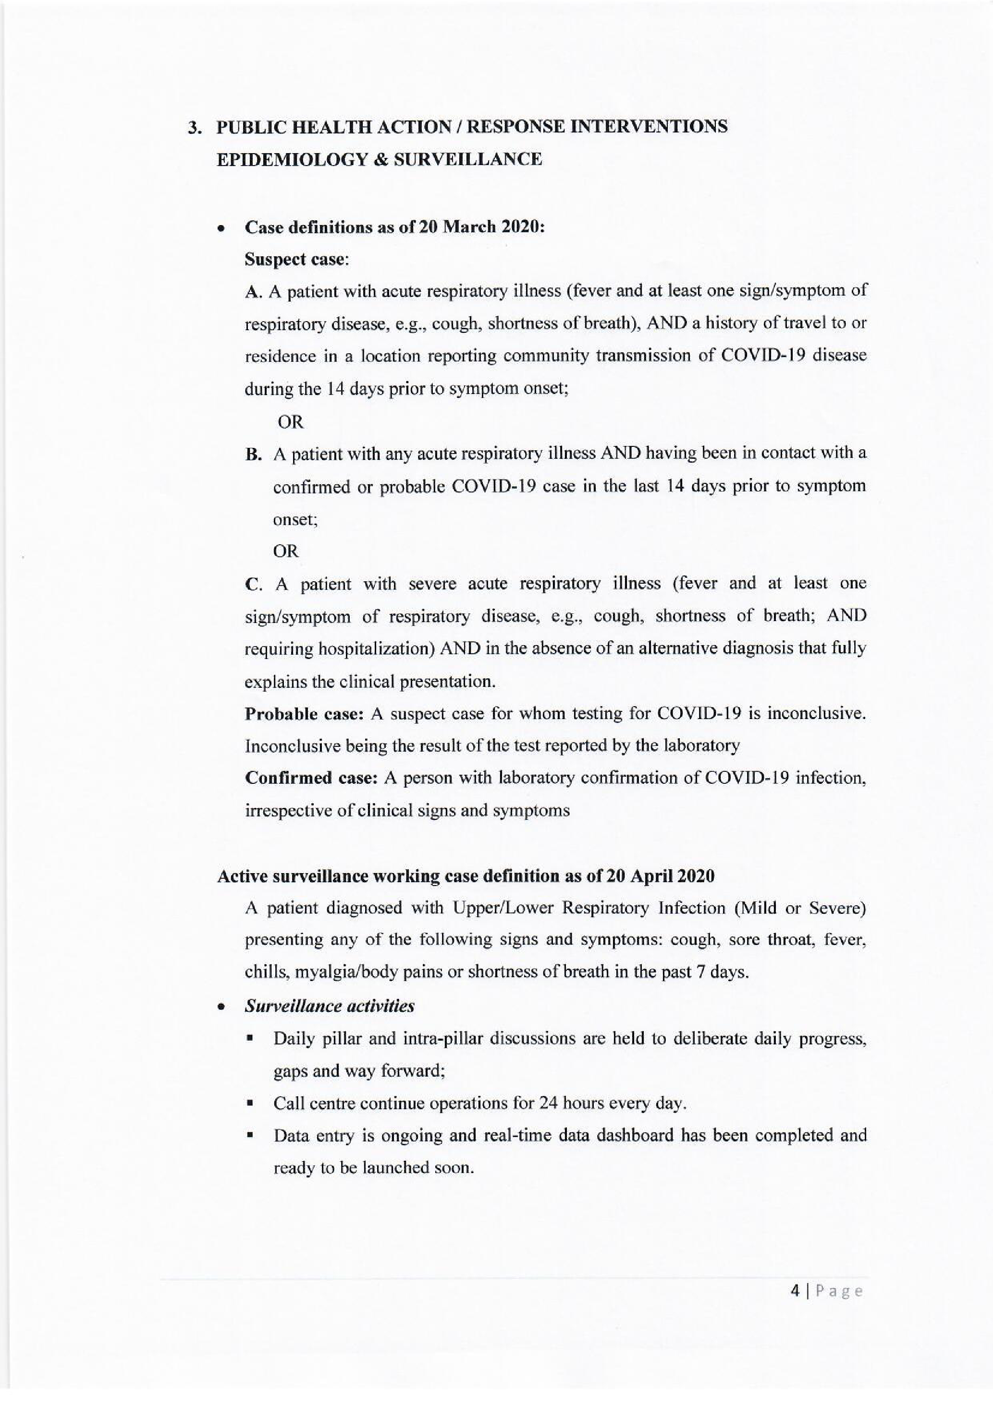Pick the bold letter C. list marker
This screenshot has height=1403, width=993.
pyautogui.click(x=253, y=585)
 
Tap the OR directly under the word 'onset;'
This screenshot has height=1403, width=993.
pyautogui.click(x=285, y=552)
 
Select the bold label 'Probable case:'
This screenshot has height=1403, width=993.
pyautogui.click(x=305, y=714)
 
